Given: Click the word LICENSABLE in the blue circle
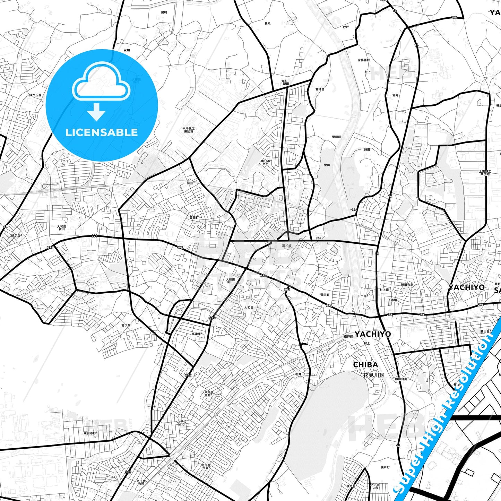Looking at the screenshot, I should click(x=102, y=132).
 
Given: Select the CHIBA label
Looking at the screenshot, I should click(x=365, y=365).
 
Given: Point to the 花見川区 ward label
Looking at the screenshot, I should click(x=374, y=375).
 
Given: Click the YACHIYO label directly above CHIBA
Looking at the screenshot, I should click(x=372, y=334).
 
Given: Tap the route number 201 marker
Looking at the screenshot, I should click(x=287, y=290).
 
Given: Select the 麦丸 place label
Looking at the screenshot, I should click(x=267, y=23).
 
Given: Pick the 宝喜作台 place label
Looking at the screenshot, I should click(x=364, y=60).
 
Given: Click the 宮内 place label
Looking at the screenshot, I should click(x=395, y=95).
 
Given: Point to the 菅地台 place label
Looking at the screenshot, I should click(x=320, y=89).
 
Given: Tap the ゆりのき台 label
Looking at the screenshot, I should click(x=266, y=163).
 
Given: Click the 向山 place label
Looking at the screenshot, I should click(x=190, y=183).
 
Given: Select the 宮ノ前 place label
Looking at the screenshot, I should click(x=126, y=325).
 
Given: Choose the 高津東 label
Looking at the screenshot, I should click(x=197, y=334).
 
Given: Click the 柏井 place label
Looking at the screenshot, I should click(x=298, y=374).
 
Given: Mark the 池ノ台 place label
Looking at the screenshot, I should click(x=287, y=245).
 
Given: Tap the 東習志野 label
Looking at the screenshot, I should click(x=90, y=433).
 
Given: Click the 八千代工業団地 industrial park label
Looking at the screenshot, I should click(x=189, y=130).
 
